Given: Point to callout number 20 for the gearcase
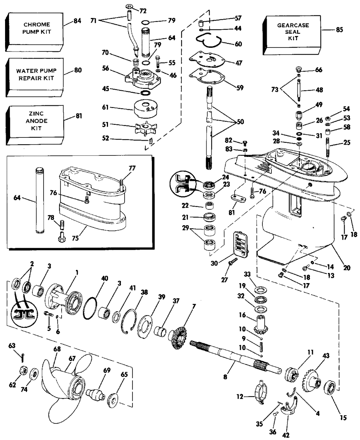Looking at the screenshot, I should point(346,268).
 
